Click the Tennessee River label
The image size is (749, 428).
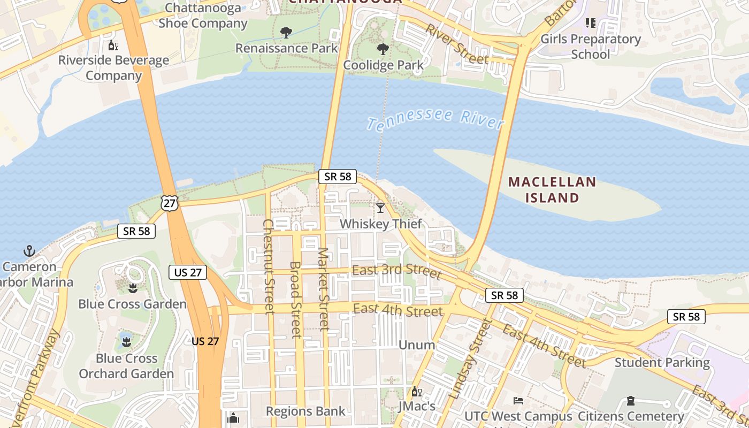point(435,120)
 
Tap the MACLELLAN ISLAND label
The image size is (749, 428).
point(552,190)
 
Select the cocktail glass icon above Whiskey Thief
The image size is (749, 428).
point(380,208)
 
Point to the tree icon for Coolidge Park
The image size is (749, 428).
point(383,50)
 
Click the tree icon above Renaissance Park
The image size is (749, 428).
point(286,33)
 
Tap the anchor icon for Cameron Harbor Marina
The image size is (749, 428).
point(29,251)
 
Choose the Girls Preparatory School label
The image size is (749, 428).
point(590,47)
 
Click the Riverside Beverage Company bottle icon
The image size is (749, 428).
point(113,45)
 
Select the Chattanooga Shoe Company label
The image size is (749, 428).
point(203,16)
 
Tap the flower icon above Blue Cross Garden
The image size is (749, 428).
point(133,289)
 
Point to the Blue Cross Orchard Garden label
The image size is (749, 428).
point(127,366)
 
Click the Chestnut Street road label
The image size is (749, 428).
point(268,266)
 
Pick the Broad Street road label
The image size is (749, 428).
point(296,300)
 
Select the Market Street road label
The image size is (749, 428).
point(323,289)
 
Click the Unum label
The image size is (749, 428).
point(417,345)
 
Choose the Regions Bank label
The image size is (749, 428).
point(305,411)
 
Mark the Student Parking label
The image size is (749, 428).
point(662,363)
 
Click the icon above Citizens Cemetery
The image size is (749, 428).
point(631,401)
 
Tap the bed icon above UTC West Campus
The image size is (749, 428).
point(518,401)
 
